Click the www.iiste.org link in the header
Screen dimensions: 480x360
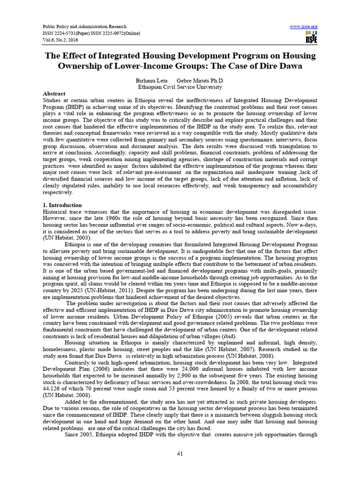pos(304,26)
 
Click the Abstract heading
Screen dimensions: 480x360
pos(54,94)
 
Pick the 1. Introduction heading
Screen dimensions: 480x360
pos(62,205)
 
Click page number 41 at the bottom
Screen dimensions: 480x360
pos(180,453)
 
